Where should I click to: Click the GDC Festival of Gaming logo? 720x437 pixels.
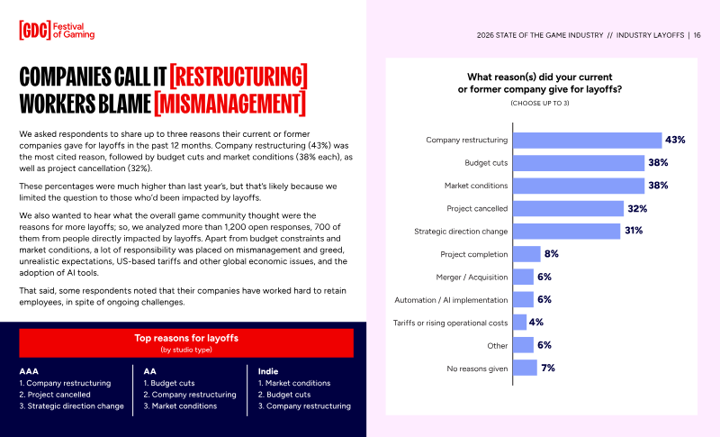tap(57, 31)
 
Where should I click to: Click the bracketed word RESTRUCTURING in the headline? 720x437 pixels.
tap(238, 77)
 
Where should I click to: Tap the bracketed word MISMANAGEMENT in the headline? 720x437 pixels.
tap(229, 104)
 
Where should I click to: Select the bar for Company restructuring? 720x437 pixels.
tap(588, 141)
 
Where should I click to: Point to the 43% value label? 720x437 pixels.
tap(675, 140)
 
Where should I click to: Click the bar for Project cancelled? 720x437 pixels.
tap(569, 209)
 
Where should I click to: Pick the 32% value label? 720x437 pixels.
tap(637, 209)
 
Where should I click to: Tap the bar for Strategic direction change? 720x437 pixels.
tap(567, 232)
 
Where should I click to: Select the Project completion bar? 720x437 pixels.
tap(526, 254)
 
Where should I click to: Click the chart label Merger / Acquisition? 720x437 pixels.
tap(472, 278)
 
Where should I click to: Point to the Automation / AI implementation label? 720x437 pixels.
tap(451, 300)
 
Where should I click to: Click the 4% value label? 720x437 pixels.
tap(535, 323)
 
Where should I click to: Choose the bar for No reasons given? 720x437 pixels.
tap(525, 369)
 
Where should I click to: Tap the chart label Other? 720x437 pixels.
tap(498, 346)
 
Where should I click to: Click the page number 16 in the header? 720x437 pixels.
tap(697, 35)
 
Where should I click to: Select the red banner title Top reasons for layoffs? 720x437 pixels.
tap(186, 338)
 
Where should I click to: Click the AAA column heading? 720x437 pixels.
tap(29, 371)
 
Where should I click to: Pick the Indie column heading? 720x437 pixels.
tap(268, 371)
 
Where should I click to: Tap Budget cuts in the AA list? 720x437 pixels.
tap(169, 383)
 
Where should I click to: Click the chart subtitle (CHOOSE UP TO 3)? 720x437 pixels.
tap(539, 103)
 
